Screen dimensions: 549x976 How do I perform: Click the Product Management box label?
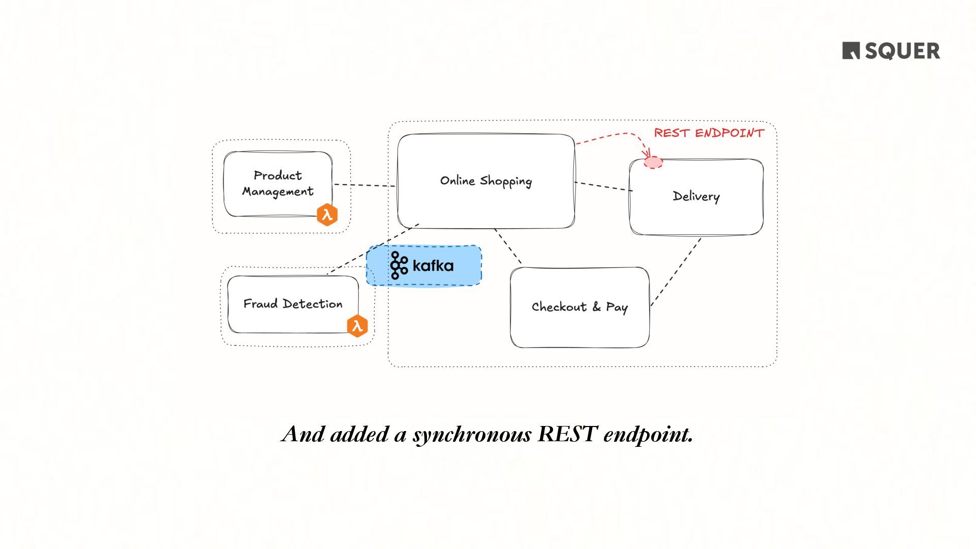[278, 184]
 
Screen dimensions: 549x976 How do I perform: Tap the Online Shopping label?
[485, 181]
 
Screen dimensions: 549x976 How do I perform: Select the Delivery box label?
[696, 197]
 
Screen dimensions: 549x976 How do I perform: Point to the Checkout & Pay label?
[579, 307]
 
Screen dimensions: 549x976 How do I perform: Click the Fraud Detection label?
[293, 304]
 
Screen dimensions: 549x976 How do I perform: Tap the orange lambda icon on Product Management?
[327, 215]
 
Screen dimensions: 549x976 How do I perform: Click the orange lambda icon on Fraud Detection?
[357, 326]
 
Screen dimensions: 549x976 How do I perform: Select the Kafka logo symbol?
[399, 265]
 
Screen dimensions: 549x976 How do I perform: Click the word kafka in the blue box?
[433, 265]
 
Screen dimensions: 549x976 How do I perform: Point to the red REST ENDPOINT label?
[709, 133]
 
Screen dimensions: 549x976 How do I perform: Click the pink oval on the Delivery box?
[653, 163]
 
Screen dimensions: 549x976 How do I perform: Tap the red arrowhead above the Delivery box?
[647, 152]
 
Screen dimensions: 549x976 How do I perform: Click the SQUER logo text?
[902, 51]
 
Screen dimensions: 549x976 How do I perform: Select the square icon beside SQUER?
[851, 51]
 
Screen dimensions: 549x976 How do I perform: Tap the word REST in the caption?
[567, 434]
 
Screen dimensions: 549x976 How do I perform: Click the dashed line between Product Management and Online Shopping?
[364, 185]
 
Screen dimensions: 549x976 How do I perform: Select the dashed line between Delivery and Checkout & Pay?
[676, 272]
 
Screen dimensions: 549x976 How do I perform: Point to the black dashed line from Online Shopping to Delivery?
[603, 186]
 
